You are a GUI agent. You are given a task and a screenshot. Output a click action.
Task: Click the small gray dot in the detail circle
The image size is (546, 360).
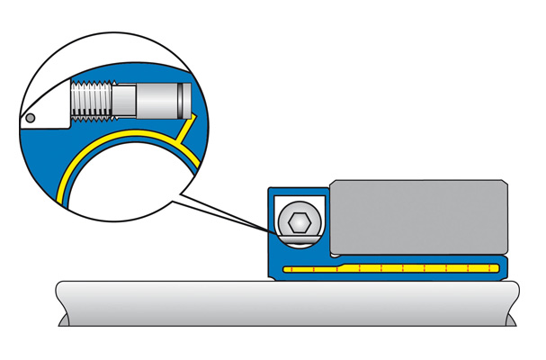(30, 117)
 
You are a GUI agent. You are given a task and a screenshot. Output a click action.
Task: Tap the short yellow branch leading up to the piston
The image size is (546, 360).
(186, 133)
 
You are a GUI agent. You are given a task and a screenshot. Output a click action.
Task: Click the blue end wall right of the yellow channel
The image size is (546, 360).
(505, 268)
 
